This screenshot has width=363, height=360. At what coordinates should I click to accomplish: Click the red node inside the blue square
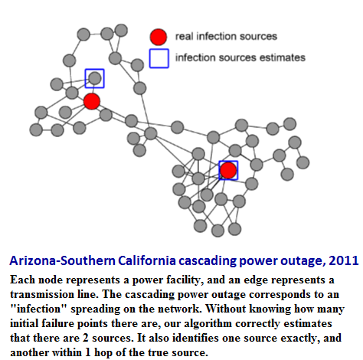pos(228,170)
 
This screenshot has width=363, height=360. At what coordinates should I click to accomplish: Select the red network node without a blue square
pos(92,101)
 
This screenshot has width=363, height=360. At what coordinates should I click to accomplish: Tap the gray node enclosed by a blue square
pos(95,78)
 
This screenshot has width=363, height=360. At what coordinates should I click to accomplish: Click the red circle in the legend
pos(159,37)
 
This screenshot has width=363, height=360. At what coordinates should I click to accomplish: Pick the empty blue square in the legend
pos(159,58)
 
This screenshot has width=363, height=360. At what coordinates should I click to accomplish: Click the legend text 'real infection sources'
pos(226,36)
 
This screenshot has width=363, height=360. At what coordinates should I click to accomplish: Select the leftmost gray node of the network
pos(36,129)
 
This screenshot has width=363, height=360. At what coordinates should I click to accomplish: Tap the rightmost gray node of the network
pos(303,162)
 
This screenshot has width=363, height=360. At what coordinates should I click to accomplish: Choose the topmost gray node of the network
pos(121,31)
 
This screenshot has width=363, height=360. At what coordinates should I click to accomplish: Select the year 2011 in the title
pos(344,260)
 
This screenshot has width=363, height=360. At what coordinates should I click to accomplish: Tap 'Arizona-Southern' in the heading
pos(62,260)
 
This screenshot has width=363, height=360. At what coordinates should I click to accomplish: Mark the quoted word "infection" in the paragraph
pos(38,309)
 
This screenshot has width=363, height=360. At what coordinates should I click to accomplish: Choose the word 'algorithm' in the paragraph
pos(208,323)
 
